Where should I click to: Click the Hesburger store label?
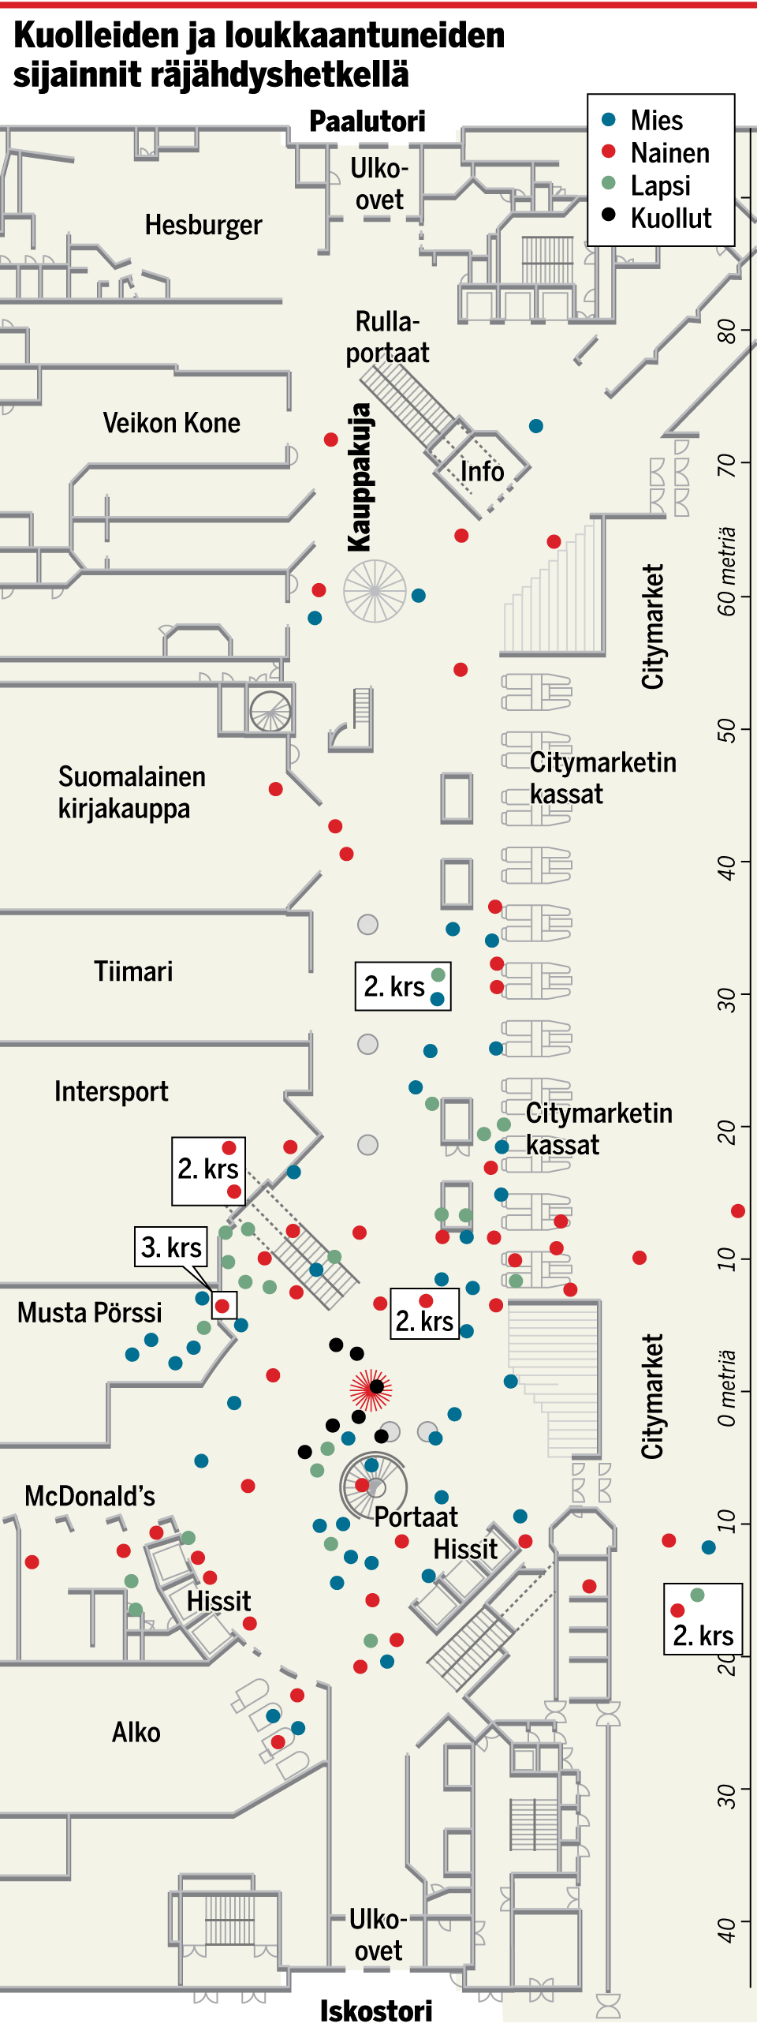point(203,226)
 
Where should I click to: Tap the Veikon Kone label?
point(171,423)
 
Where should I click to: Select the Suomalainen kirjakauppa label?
point(131,792)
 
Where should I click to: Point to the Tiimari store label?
point(133,971)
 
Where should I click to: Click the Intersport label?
point(111,1091)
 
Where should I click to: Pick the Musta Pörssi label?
point(89,1313)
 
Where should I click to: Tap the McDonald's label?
point(90,1495)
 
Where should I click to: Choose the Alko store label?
point(136,1732)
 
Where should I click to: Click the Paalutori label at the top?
point(367,122)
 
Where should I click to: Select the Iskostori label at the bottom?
point(376,2010)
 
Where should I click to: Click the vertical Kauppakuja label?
point(360,477)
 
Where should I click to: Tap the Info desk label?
point(482,472)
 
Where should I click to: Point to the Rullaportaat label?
point(387,338)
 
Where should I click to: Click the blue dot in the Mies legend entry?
point(609,120)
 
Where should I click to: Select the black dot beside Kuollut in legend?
point(609,214)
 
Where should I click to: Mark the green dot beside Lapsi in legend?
point(609,183)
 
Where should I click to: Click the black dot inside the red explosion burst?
point(376,1386)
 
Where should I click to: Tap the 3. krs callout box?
point(171,1247)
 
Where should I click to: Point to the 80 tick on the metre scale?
point(726,331)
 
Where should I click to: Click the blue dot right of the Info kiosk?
point(536,426)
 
